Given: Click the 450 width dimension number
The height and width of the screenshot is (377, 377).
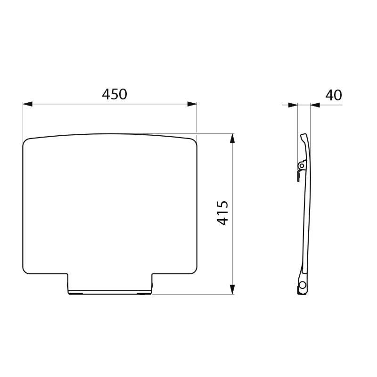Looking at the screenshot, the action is click(115, 94).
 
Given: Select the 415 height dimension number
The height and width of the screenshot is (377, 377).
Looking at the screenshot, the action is click(222, 213).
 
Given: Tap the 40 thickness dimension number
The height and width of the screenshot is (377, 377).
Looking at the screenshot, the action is click(334, 95).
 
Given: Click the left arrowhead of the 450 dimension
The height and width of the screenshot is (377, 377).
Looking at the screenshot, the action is click(28, 104).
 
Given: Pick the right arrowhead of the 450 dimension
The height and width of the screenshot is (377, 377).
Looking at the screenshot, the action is click(192, 104).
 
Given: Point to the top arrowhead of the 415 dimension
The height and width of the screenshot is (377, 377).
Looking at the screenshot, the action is click(232, 139).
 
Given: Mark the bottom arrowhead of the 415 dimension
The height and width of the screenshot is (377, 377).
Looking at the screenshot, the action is click(232, 289).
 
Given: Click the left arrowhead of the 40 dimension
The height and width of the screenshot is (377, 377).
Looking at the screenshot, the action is click(293, 105).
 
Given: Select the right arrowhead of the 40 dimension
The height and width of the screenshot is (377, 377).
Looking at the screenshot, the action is click(315, 105).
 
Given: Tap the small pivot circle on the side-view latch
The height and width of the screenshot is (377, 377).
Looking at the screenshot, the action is click(302, 165).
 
